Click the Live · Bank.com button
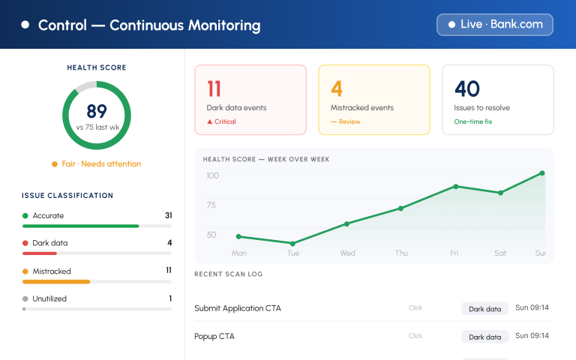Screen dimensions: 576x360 click(x=495, y=25)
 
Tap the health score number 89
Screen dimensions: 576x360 click(x=97, y=111)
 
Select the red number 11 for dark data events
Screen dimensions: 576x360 click(x=214, y=88)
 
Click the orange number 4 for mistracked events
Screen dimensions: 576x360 click(x=337, y=88)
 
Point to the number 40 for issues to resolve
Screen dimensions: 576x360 click(x=467, y=88)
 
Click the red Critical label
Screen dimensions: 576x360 click(x=221, y=121)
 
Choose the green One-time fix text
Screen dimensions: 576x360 click(x=473, y=121)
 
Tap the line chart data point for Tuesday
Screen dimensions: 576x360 click(x=292, y=244)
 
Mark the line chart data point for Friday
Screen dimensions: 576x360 click(x=455, y=187)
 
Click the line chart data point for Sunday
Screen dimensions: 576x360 click(x=541, y=173)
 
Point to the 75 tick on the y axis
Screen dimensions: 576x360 click(x=211, y=205)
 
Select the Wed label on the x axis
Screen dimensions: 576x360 click(x=347, y=253)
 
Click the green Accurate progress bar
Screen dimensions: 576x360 click(x=80, y=226)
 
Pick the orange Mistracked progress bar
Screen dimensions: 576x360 click(x=56, y=282)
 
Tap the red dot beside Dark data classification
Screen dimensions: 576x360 click(x=25, y=243)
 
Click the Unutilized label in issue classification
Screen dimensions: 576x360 click(x=49, y=298)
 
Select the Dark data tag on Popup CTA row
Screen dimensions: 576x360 click(x=485, y=337)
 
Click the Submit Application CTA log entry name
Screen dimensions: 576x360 click(x=238, y=308)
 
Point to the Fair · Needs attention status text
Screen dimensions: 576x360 click(x=101, y=163)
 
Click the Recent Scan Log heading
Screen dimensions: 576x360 click(x=229, y=274)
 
